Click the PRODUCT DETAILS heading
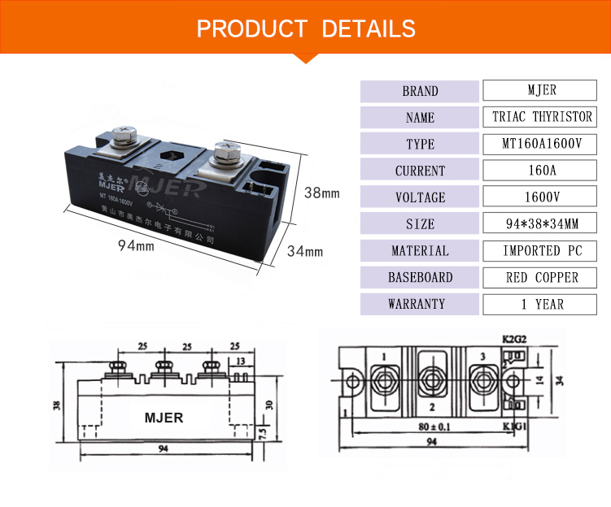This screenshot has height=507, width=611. pyautogui.click(x=306, y=28)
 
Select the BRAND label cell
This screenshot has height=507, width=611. pyautogui.click(x=420, y=91)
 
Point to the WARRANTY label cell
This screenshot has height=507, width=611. pyautogui.click(x=420, y=305)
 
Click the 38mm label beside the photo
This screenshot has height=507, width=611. pyautogui.click(x=321, y=194)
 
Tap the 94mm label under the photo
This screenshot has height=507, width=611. pyautogui.click(x=134, y=245)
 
